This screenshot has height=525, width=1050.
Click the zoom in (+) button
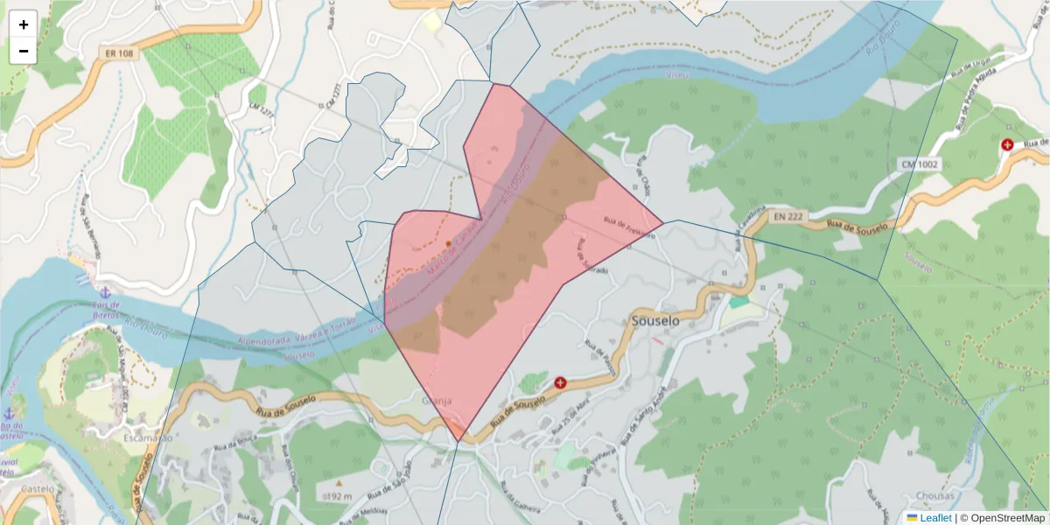pyautogui.click(x=24, y=24)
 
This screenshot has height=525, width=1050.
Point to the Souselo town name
pyautogui.click(x=655, y=321)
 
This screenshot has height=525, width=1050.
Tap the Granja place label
pyautogui.click(x=437, y=400)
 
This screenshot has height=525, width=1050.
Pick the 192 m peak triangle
pyautogui.click(x=339, y=482)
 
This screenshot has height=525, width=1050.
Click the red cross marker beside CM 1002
pyautogui.click(x=1007, y=144)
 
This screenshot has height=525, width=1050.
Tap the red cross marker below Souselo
pyautogui.click(x=560, y=382)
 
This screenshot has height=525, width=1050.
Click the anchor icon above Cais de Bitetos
pyautogui.click(x=105, y=291)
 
